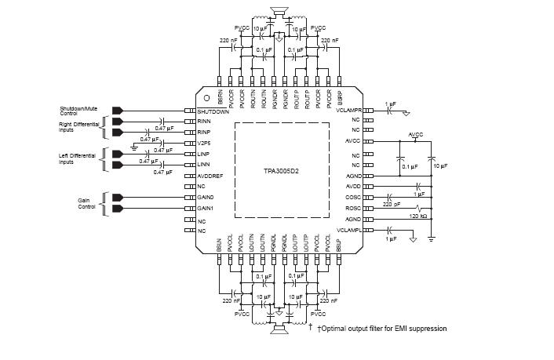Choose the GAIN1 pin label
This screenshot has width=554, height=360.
[x=206, y=209]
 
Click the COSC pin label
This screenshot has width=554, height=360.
[x=353, y=198]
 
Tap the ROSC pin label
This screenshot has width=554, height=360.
[x=353, y=209]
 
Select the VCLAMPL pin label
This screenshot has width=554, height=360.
[x=348, y=230]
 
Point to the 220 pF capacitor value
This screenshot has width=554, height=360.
[x=392, y=204]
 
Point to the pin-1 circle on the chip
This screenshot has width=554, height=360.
[x=207, y=98]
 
